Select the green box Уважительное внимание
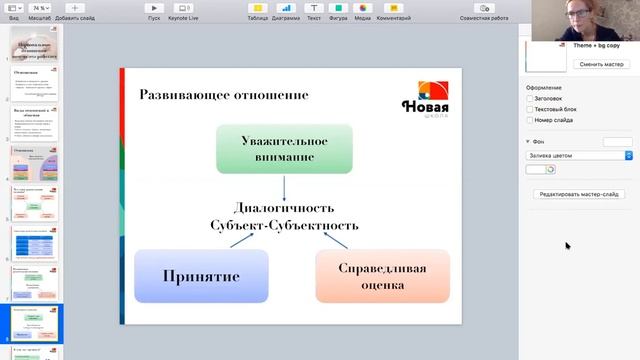[x=284, y=148]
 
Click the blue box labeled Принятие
[x=201, y=275]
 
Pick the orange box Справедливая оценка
[x=382, y=276]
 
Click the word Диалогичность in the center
[x=283, y=208]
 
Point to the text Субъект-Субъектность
[x=283, y=225]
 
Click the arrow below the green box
[x=284, y=187]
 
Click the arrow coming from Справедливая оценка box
[x=336, y=241]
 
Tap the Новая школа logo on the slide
[x=424, y=99]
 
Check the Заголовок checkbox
[x=530, y=99]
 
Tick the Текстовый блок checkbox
[x=530, y=110]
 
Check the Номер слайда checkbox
[x=530, y=121]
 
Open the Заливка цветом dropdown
[x=580, y=155]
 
